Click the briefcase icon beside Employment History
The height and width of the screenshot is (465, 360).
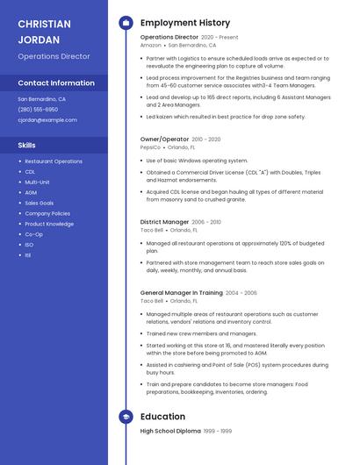point(126,23)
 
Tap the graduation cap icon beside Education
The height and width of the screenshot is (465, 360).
point(126,417)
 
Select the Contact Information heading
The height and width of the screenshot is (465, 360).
point(56,83)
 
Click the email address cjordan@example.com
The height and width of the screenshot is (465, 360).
point(47,120)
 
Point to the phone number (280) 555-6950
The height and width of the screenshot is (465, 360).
point(38,110)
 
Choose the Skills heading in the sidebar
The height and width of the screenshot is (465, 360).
point(27,145)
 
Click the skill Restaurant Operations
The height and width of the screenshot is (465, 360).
point(54,161)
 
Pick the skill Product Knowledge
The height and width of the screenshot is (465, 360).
point(49,224)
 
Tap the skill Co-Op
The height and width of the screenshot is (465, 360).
point(34,234)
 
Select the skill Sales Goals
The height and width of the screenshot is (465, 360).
point(40,203)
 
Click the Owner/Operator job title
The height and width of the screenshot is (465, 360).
point(164,139)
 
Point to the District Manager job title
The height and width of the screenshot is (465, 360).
point(164,222)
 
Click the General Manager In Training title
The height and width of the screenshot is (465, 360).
point(181,292)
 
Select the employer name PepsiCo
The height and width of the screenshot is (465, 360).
point(151,147)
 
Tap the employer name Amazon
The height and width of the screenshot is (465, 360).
point(151,45)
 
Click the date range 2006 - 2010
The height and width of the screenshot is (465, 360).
point(206,222)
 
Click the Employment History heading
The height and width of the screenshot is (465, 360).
point(185,23)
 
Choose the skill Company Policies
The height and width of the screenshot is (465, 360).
point(47,213)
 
